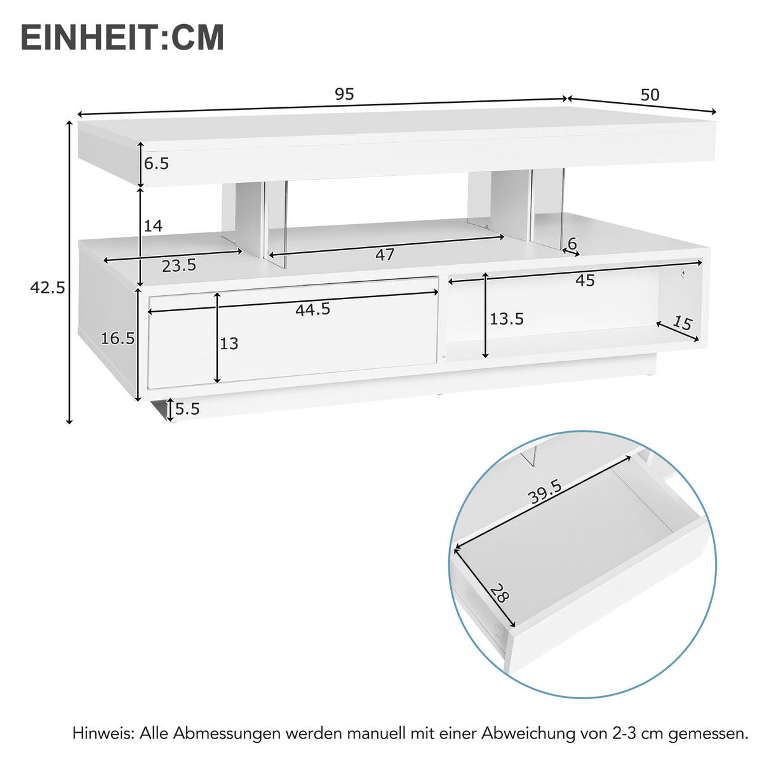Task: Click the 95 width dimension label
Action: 344,95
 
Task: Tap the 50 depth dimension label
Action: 650,95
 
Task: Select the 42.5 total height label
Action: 48,288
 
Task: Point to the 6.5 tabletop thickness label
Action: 156,164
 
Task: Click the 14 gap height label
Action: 153,225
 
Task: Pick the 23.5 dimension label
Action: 178,266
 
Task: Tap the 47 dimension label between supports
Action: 385,255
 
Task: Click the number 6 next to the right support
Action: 572,243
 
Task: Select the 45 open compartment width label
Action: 585,280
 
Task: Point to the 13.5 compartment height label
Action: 506,319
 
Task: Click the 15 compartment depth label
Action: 681,323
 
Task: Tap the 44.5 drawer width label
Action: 312,309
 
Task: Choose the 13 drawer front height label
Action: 229,344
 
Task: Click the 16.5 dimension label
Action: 118,338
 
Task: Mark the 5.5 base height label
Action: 187,409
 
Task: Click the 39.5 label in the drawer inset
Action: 545,493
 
